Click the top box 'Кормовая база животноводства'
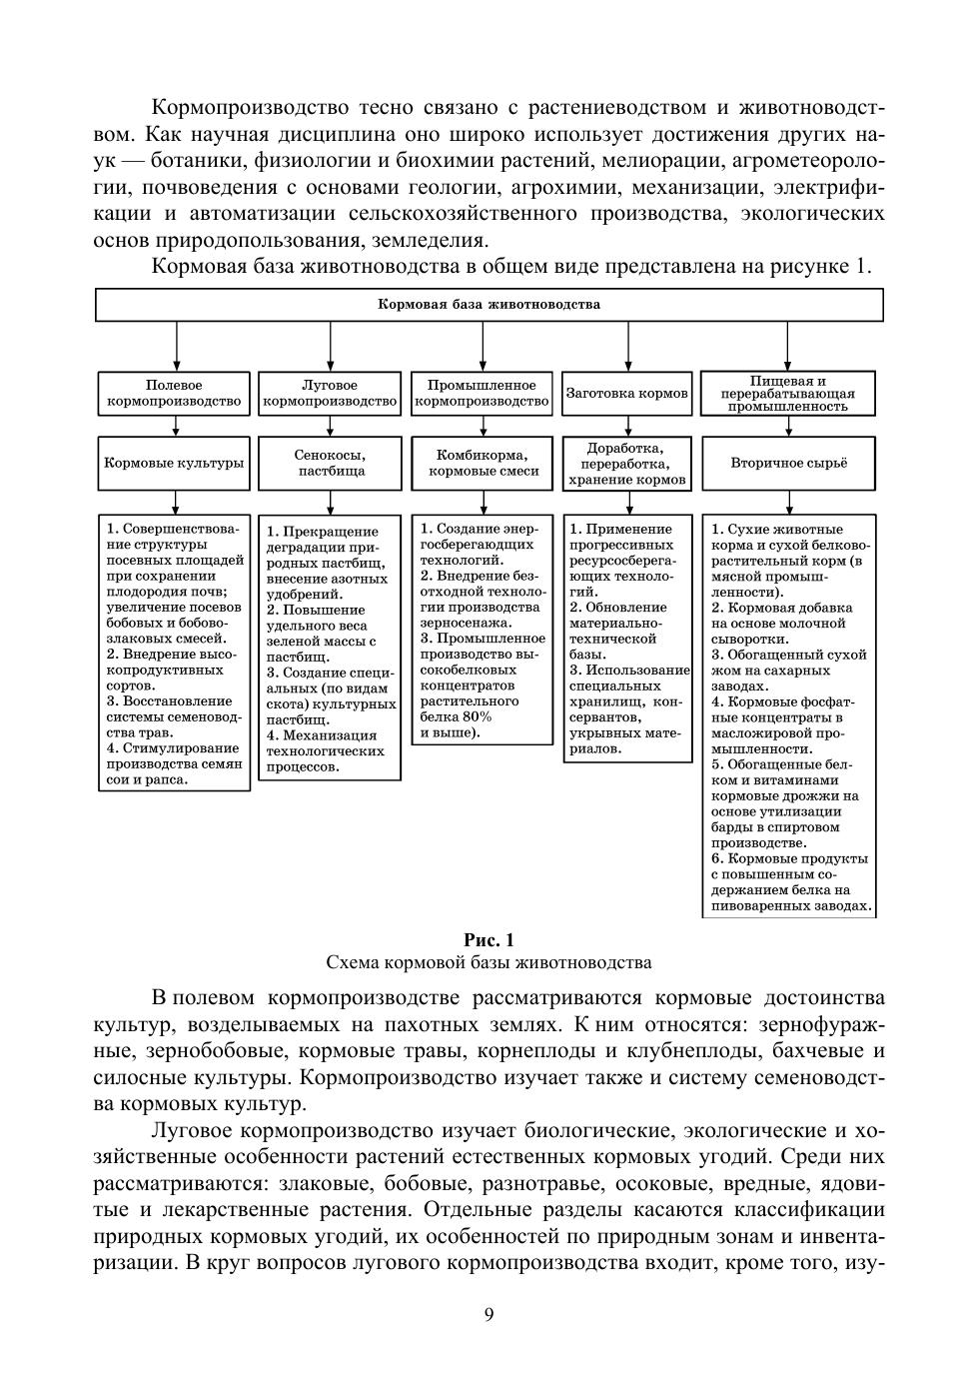pos(489,305)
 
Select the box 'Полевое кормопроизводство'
pos(174,394)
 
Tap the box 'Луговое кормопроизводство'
pos(330,394)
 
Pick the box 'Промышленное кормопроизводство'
pos(482,394)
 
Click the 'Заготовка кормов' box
pos(627,394)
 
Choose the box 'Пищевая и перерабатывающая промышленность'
pos(788,394)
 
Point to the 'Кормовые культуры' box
pos(174,463)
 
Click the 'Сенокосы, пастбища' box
pos(330,463)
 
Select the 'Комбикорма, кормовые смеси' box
pos(482,463)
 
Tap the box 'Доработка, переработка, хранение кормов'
pos(627,464)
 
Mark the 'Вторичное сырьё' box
pos(788,463)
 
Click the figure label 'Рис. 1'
pos(489,940)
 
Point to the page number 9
pos(489,1314)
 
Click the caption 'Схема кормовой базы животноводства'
pos(489,963)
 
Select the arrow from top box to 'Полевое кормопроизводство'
pos(176,347)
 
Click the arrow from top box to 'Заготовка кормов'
pos(627,347)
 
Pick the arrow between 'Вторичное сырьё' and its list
pos(788,502)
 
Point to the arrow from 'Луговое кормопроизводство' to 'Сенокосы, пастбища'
pos(330,426)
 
